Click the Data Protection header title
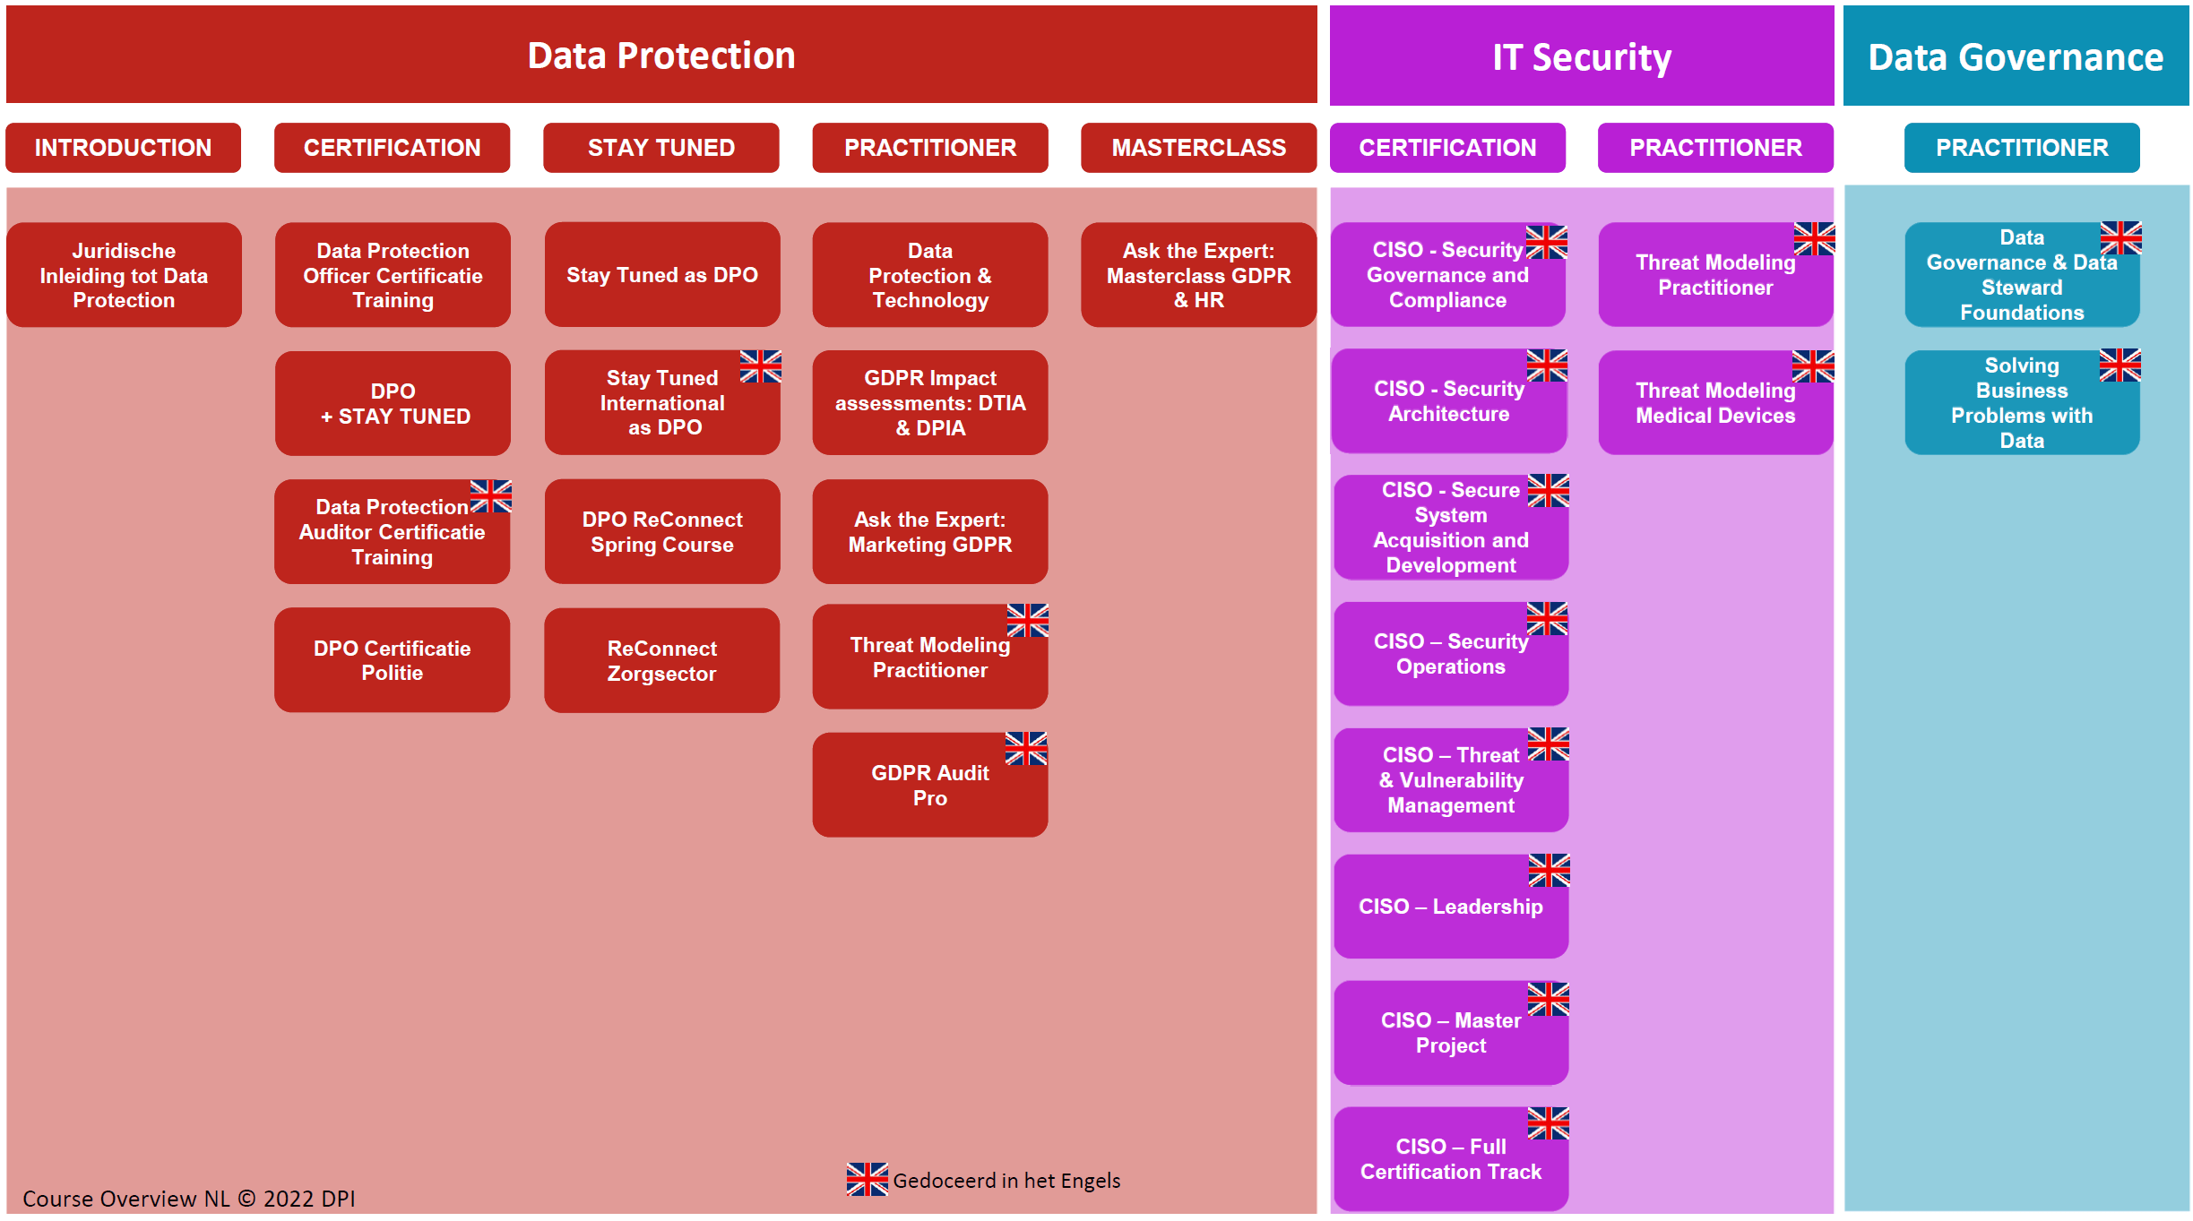click(661, 56)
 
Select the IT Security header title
click(1582, 57)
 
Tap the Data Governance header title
click(2016, 57)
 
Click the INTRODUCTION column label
click(124, 148)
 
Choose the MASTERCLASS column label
click(1198, 148)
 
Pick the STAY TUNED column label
click(661, 148)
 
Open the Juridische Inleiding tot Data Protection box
click(124, 275)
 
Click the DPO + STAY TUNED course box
click(393, 403)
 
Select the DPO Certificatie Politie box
click(393, 660)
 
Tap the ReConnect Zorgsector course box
click(661, 660)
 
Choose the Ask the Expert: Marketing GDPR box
click(930, 531)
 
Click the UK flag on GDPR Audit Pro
click(1026, 748)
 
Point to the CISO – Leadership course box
click(1451, 907)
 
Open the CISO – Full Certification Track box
click(1451, 1159)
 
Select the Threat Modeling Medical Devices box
click(1715, 403)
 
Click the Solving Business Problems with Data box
click(2022, 403)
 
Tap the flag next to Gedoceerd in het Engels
click(868, 1179)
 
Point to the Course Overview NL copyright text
click(189, 1199)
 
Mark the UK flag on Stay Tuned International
click(761, 366)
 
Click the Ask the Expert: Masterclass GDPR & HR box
click(1198, 275)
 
